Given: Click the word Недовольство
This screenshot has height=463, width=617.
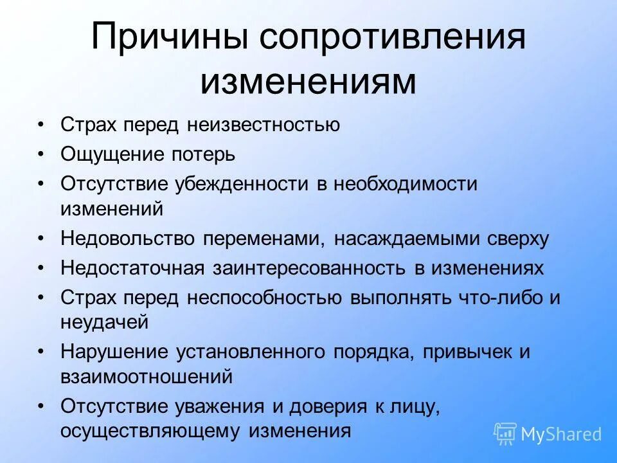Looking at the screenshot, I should pos(128,239).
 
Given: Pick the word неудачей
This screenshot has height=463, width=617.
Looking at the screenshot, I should pos(105,321).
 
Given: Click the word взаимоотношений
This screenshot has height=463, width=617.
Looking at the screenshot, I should pos(146,376).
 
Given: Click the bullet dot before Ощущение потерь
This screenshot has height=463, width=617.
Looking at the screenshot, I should pos(42,154).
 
